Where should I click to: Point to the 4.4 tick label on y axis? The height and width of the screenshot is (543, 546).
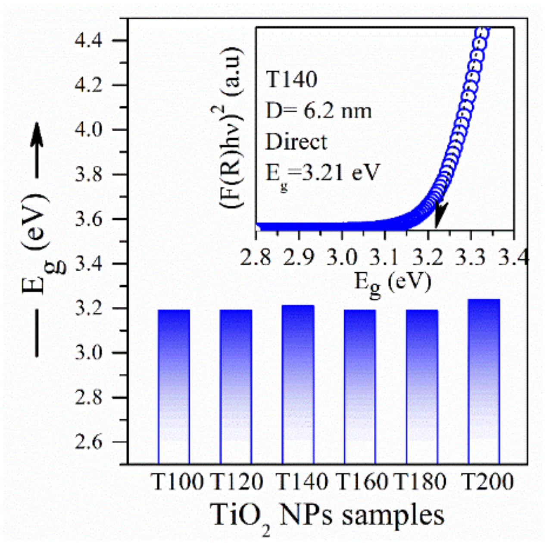88,41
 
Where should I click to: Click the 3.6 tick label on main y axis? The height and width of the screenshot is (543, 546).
88,219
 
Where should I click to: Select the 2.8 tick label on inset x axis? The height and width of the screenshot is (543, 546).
256,258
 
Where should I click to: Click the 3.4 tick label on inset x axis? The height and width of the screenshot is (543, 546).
514,258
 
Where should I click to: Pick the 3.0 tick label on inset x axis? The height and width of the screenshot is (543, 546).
342,258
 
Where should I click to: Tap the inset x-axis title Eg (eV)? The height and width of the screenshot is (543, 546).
392,283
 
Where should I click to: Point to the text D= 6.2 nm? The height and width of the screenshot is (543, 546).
318,111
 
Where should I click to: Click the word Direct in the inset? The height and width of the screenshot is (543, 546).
296,142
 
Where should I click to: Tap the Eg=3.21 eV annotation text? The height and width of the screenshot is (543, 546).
322,174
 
